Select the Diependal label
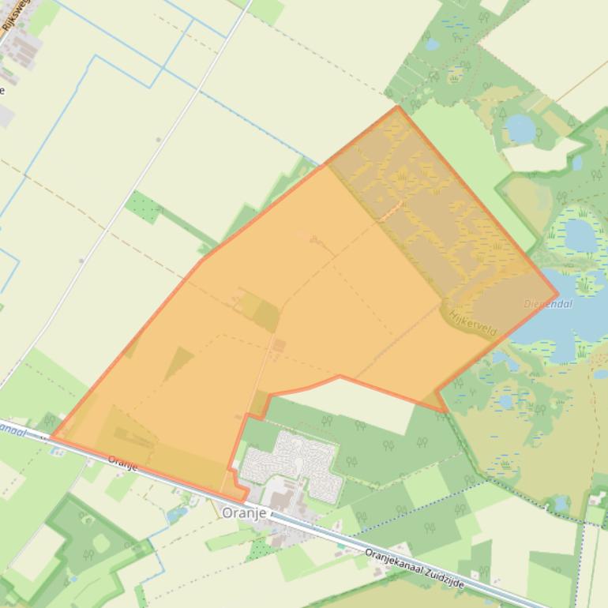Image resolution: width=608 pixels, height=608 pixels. pyautogui.click(x=548, y=304)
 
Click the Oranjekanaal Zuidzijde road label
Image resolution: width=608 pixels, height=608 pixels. pyautogui.click(x=415, y=568)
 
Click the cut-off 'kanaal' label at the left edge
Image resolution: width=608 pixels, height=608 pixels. pyautogui.click(x=11, y=429)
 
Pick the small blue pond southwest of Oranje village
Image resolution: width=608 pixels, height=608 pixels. pyautogui.click(x=178, y=514)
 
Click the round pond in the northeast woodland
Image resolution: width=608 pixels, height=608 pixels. pyautogui.click(x=519, y=127)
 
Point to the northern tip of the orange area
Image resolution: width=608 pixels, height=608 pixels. pyautogui.click(x=397, y=107)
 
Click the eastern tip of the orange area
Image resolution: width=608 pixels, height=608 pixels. pyautogui.click(x=557, y=295)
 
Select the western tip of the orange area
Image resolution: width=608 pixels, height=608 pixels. pyautogui.click(x=52, y=435)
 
